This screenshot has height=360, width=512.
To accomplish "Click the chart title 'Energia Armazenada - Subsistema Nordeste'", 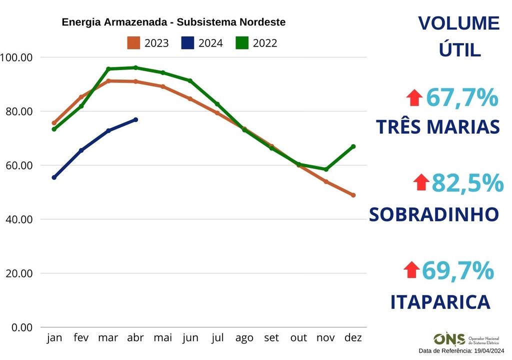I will tap(173, 22).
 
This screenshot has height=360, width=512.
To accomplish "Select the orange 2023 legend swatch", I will tap(133, 43).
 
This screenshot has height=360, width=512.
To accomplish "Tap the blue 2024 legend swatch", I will tap(187, 43).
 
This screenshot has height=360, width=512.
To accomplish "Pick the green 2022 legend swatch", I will tap(242, 43).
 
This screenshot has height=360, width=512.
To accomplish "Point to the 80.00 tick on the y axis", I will tap(16, 111).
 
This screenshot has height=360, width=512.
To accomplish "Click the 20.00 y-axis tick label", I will tap(16, 273).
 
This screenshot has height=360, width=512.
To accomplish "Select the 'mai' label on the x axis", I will tap(163, 338).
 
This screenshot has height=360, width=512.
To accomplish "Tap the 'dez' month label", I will tap(353, 338).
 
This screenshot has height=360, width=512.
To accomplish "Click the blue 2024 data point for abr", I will tap(135, 119).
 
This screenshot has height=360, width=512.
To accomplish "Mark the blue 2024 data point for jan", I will tap(54, 177).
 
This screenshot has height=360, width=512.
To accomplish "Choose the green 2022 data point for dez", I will tap(353, 146).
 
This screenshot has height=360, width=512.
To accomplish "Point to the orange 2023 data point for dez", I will tap(353, 195).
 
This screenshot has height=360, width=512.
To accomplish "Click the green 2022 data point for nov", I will tap(326, 169).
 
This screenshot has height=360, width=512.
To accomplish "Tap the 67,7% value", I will tap(462, 97).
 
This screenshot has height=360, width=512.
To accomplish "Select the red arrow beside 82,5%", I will tap(422, 182).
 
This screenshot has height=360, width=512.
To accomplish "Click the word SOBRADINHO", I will tap(434, 214).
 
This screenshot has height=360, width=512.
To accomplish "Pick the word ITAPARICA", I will tap(440, 302).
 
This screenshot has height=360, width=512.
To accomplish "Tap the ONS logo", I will tap(449, 339).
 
